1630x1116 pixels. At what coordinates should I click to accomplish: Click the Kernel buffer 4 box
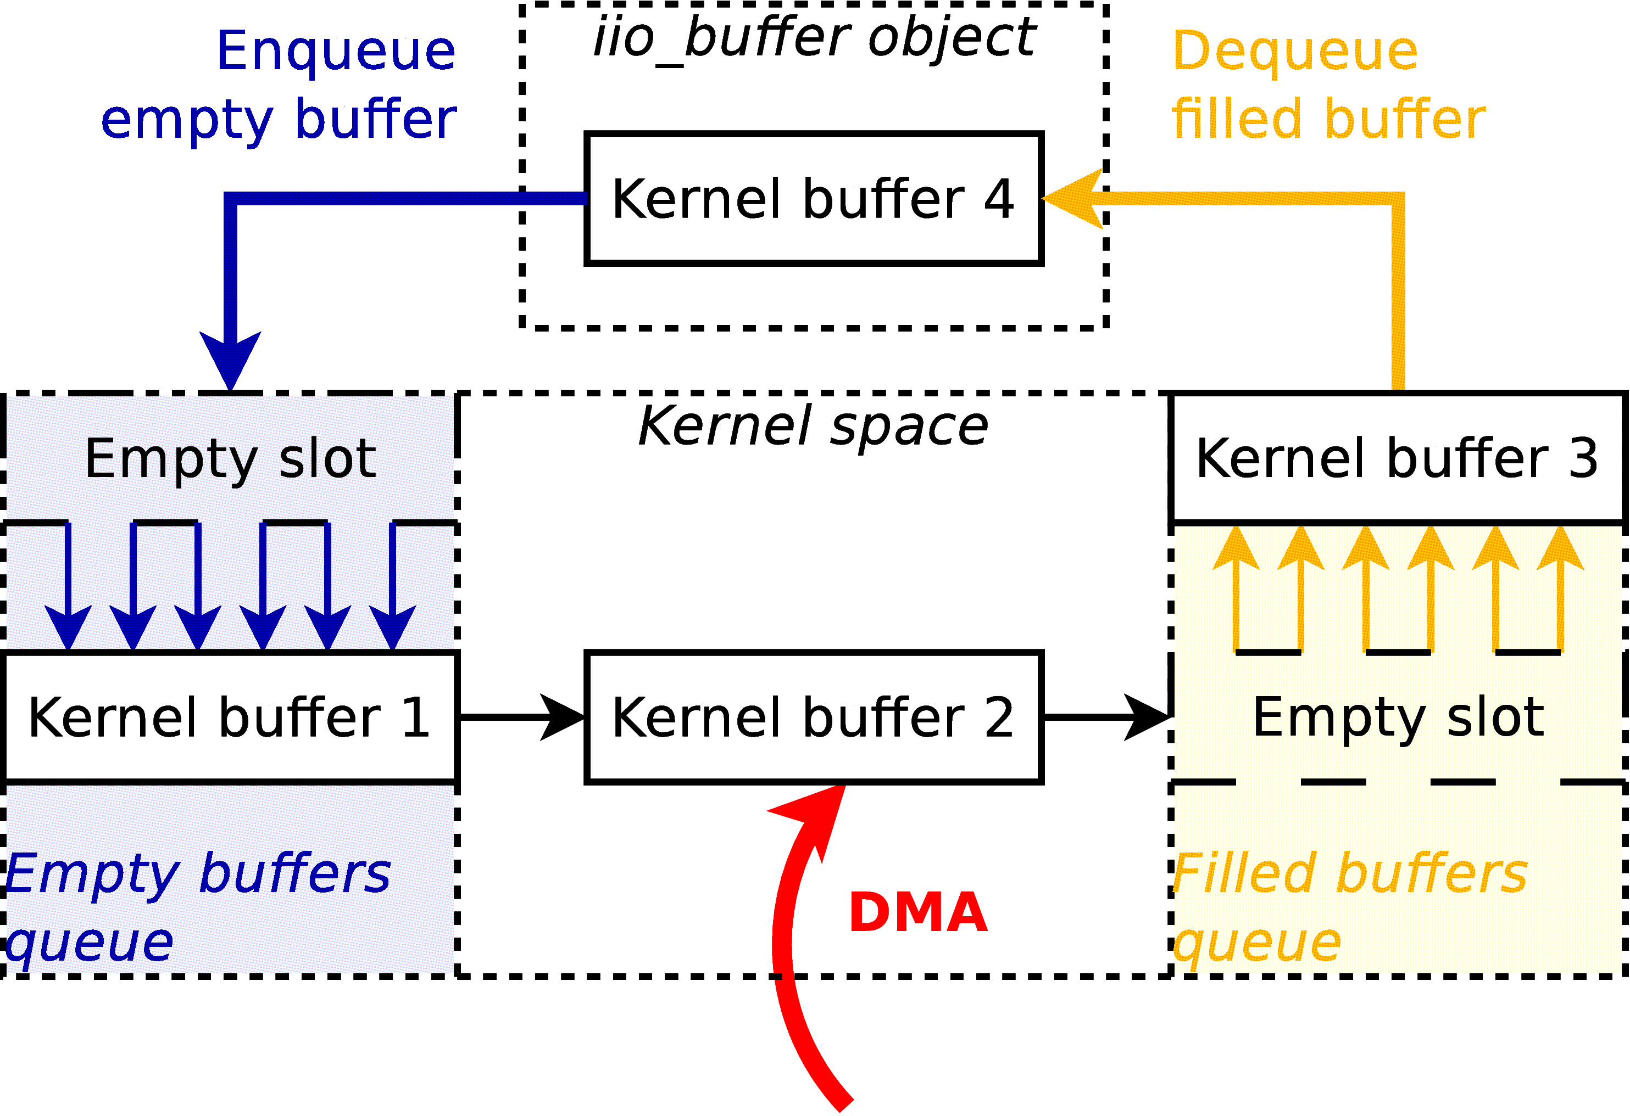click(x=814, y=198)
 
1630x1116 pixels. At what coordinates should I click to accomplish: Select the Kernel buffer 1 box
click(x=230, y=716)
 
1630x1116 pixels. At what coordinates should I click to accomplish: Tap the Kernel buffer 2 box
click(x=814, y=716)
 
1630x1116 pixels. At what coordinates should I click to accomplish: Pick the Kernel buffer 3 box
click(x=1397, y=458)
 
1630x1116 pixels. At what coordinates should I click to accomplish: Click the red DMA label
click(x=917, y=913)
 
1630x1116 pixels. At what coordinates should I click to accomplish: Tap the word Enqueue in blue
click(x=336, y=51)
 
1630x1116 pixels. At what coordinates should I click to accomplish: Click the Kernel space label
click(x=814, y=425)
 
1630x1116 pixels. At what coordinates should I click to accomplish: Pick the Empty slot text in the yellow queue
click(x=1398, y=716)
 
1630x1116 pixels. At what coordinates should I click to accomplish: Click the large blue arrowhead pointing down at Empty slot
click(x=230, y=357)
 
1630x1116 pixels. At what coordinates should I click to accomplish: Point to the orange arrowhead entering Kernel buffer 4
click(x=1073, y=198)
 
